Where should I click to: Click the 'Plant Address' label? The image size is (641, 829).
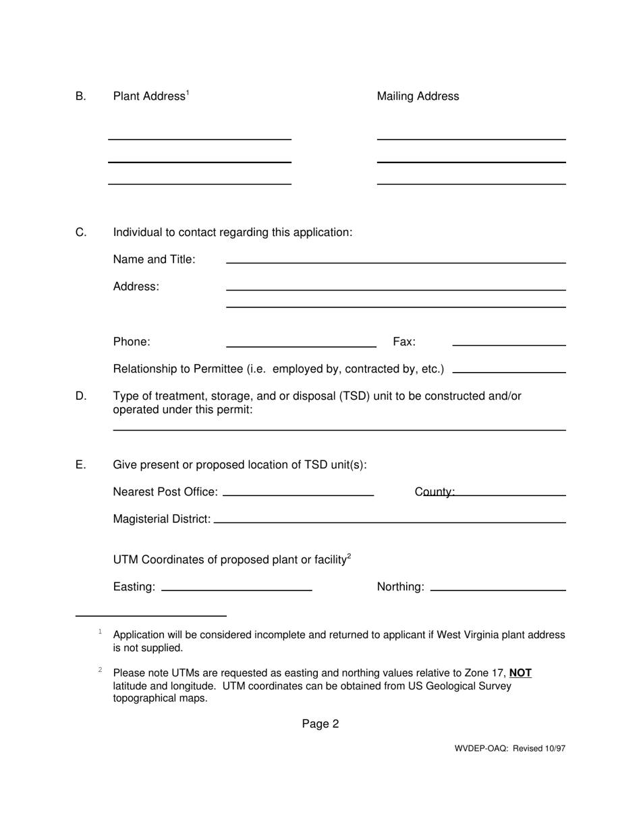point(149,96)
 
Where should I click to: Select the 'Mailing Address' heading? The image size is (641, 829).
point(418,96)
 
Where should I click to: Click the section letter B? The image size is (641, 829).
point(81,96)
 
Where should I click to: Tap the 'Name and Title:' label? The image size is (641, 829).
point(155,259)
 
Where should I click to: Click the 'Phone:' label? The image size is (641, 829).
point(132,342)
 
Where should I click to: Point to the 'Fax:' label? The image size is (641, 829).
point(404,342)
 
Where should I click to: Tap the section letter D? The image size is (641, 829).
point(81,396)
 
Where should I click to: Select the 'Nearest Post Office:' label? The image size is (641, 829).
point(165,493)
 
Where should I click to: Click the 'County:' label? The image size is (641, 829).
point(435,493)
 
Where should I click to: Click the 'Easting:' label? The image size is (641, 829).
point(134,587)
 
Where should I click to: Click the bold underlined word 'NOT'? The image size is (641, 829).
point(520,673)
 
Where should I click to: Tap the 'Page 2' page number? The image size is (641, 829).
point(320,724)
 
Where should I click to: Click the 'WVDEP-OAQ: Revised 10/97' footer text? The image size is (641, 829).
point(510,748)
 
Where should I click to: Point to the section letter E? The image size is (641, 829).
point(81,465)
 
